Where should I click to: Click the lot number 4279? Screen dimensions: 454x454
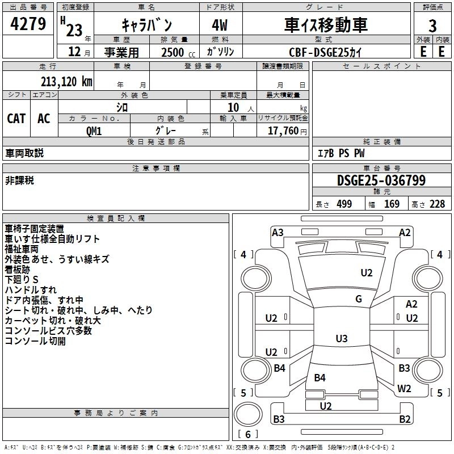click(x=28, y=24)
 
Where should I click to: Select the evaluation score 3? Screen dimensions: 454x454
click(x=432, y=26)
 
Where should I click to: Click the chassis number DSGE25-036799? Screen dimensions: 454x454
click(x=381, y=180)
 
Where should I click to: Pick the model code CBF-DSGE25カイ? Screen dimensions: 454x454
click(x=325, y=52)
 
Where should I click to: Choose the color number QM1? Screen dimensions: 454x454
click(x=94, y=130)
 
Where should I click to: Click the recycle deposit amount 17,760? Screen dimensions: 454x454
click(x=286, y=131)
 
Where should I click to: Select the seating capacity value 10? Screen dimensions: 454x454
click(x=233, y=107)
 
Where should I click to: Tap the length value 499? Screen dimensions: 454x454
click(x=343, y=204)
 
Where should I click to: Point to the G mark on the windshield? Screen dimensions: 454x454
click(x=358, y=299)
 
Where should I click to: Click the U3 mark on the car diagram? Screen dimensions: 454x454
click(x=341, y=339)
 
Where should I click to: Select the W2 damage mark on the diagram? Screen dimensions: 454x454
click(x=404, y=389)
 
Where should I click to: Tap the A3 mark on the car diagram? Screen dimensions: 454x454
click(x=278, y=232)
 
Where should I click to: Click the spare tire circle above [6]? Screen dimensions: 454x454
click(x=245, y=414)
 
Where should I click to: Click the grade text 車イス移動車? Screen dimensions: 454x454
click(x=326, y=25)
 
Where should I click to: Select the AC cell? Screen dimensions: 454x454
click(x=44, y=118)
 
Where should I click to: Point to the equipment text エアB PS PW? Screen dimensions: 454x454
click(x=340, y=153)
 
